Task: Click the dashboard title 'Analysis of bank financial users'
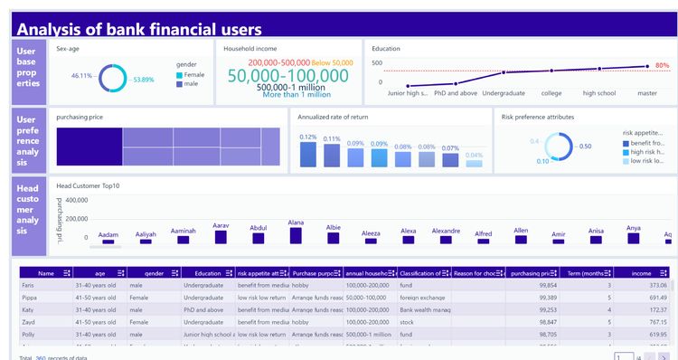click(140, 29)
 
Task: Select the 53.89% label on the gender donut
click(145, 80)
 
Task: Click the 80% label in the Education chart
click(662, 65)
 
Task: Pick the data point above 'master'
click(647, 66)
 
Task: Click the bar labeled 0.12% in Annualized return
click(308, 155)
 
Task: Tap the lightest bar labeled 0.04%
click(474, 163)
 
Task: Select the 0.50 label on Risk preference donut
click(585, 147)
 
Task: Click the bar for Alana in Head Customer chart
click(296, 235)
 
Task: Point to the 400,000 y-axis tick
click(77, 200)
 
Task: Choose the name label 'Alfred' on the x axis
click(484, 233)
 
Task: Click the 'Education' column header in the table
click(208, 272)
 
